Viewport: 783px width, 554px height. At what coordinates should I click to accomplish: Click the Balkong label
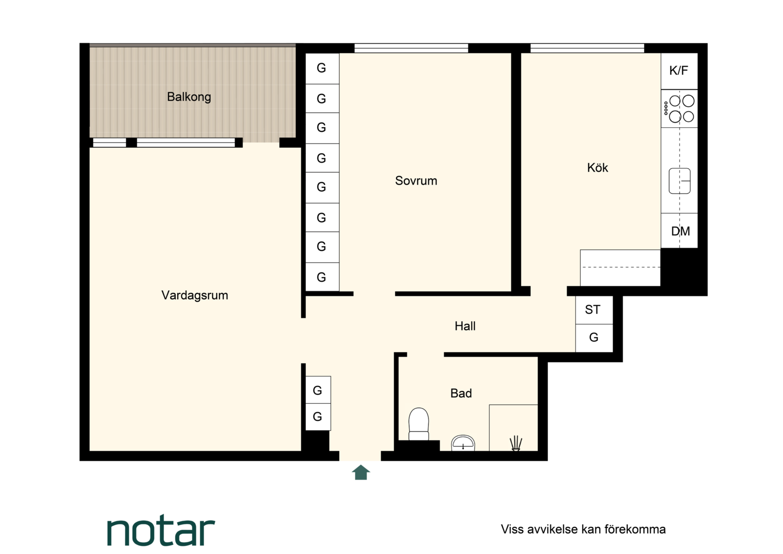point(189,96)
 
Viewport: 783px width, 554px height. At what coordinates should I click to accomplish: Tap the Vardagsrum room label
point(195,295)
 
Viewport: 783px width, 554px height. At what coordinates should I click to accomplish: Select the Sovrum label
point(416,181)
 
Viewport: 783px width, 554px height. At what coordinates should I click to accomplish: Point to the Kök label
point(597,168)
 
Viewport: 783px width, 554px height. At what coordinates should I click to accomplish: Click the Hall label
point(465,326)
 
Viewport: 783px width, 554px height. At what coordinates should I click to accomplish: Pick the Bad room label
point(461,393)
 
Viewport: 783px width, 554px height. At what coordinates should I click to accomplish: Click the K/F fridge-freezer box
point(679,71)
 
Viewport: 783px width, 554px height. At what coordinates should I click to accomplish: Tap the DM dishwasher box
point(679,231)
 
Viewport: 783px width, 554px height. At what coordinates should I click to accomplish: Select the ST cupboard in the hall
point(594,310)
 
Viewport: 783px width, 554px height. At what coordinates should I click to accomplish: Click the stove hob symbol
point(679,108)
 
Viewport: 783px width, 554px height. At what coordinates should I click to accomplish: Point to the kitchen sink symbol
point(679,181)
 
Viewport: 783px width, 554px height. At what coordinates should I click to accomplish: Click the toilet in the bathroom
point(419,424)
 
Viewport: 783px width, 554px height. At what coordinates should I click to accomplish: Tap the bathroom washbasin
point(463,443)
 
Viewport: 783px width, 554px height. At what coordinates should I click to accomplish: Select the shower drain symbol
point(516,443)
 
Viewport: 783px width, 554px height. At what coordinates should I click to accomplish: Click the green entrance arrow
point(361,472)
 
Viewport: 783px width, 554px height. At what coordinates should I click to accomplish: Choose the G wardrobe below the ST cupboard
point(594,338)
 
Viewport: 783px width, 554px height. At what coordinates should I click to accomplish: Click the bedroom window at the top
point(411,48)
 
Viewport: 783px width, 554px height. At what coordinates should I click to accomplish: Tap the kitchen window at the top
point(587,48)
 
